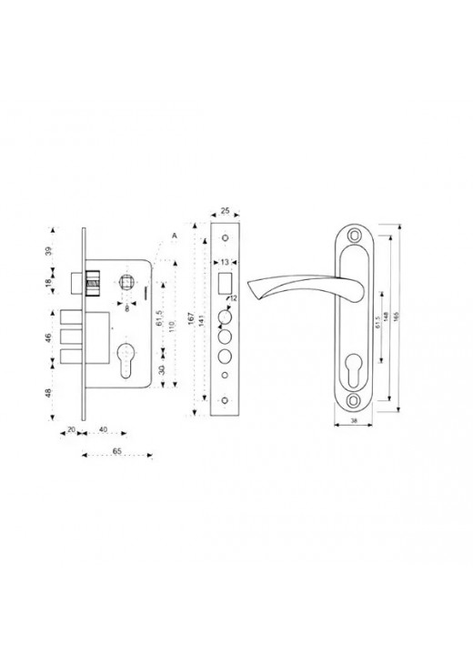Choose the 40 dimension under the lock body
pyautogui.click(x=103, y=430)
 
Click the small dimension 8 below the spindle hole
pyautogui.click(x=126, y=307)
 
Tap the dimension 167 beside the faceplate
pyautogui.click(x=194, y=317)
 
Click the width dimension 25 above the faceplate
pyautogui.click(x=226, y=208)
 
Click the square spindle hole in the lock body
pyautogui.click(x=126, y=285)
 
